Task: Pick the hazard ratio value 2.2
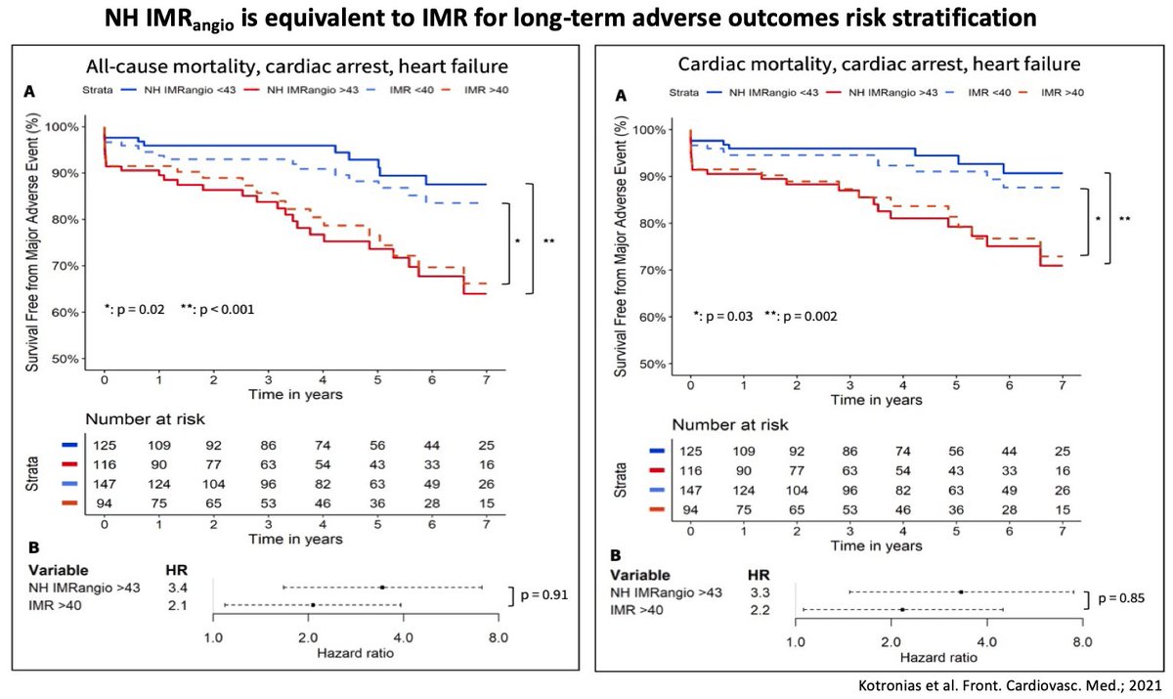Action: pyautogui.click(x=757, y=610)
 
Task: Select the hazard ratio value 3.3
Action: pyautogui.click(x=757, y=591)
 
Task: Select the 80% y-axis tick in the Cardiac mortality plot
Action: pyautogui.click(x=655, y=224)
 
